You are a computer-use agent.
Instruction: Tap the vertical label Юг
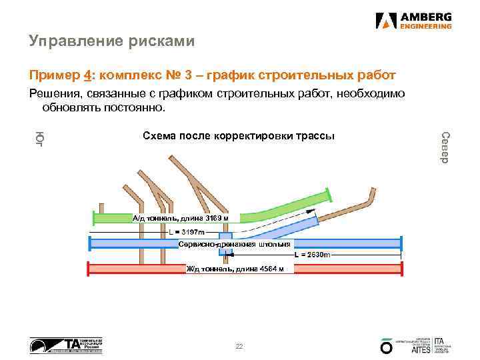tap(39, 138)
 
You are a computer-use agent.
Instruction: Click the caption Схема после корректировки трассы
tap(239, 136)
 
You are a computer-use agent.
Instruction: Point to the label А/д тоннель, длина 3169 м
tap(181, 218)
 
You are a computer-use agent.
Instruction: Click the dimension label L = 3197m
tap(187, 232)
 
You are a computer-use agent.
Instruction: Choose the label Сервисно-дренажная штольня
tap(235, 245)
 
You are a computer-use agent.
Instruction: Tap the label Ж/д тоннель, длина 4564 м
tap(235, 269)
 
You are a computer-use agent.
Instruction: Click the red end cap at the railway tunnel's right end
tap(401, 268)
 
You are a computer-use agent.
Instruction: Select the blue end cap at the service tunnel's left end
tap(91, 243)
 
